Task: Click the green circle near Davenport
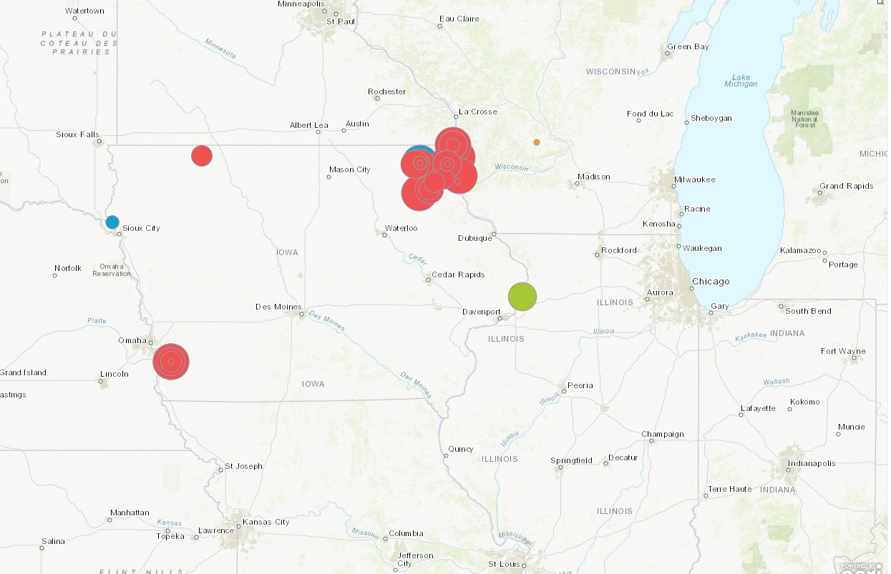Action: click(522, 297)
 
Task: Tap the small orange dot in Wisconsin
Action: click(536, 142)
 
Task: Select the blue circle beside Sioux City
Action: click(112, 222)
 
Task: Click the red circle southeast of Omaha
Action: click(171, 362)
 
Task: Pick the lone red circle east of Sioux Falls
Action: click(202, 156)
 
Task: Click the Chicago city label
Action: click(711, 282)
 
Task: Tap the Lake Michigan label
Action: click(740, 80)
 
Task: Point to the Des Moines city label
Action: click(278, 307)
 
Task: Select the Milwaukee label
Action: click(694, 179)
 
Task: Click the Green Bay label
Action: click(688, 47)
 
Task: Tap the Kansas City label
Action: click(266, 522)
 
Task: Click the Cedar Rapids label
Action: click(458, 274)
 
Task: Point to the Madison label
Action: click(594, 177)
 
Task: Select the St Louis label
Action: click(503, 564)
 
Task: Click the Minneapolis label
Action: click(301, 4)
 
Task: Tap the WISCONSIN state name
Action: click(610, 71)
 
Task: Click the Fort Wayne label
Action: click(843, 351)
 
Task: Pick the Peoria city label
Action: click(580, 385)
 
